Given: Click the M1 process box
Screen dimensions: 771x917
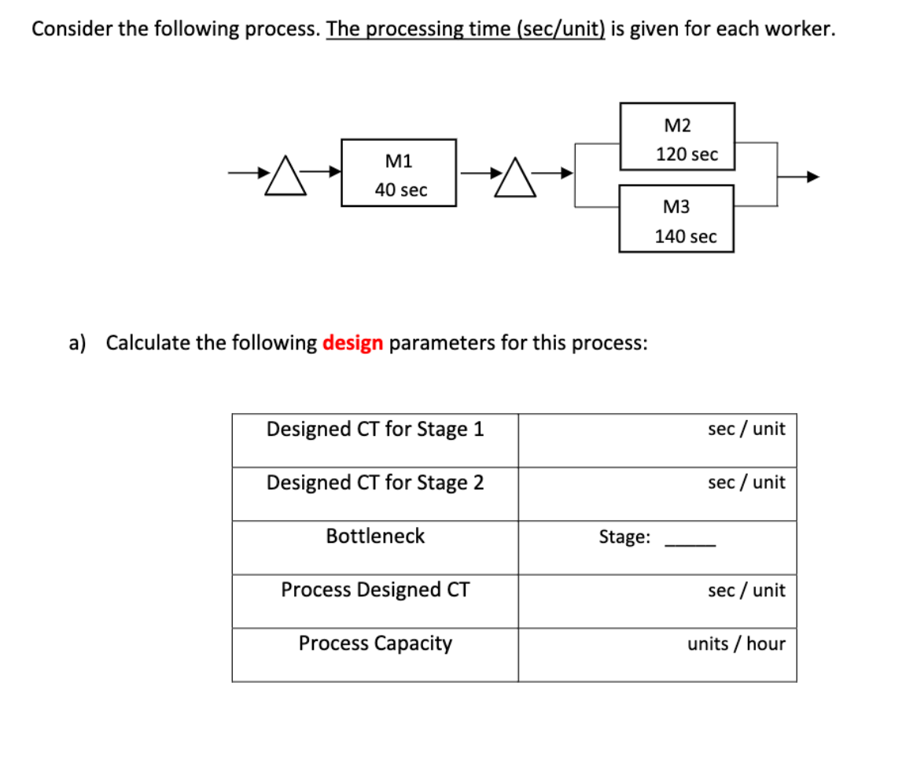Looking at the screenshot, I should point(399,173).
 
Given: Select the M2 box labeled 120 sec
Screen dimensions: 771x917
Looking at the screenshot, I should point(677,136).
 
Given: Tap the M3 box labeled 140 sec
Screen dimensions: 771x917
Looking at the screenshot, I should point(676,219).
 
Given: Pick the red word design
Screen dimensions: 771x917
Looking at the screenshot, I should point(352,344).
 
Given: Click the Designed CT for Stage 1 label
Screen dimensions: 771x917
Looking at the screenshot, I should point(375,430).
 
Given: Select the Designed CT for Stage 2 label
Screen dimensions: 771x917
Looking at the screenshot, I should point(375,483).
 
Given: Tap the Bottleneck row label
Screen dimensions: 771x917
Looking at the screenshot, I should point(375,537).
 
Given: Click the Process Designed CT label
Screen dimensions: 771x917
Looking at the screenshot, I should point(375,590).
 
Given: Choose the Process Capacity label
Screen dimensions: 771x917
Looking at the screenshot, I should point(375,644).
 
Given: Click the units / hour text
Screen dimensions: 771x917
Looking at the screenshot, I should point(736,644).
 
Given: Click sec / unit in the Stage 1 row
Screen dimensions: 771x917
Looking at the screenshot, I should point(746,430).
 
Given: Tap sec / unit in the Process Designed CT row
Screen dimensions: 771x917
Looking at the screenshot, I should point(746,591).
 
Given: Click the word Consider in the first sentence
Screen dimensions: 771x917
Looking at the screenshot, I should point(68,30).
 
